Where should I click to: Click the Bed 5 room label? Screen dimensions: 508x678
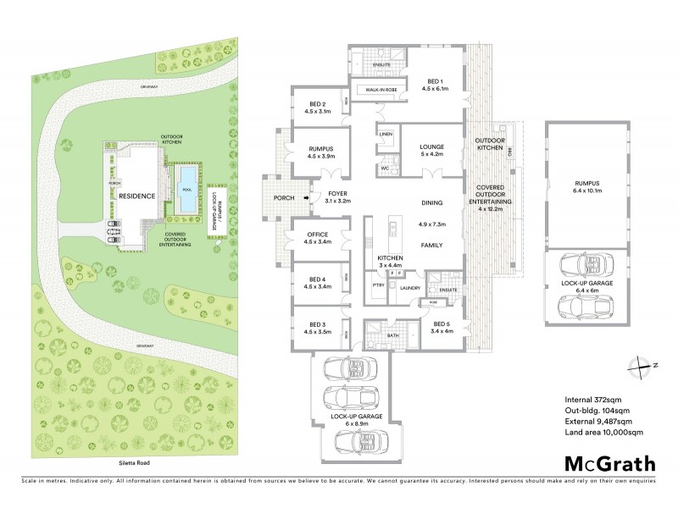440,328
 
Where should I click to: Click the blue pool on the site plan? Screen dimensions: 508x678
185,179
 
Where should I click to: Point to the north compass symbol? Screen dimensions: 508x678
636,365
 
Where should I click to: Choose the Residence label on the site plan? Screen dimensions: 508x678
136,196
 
